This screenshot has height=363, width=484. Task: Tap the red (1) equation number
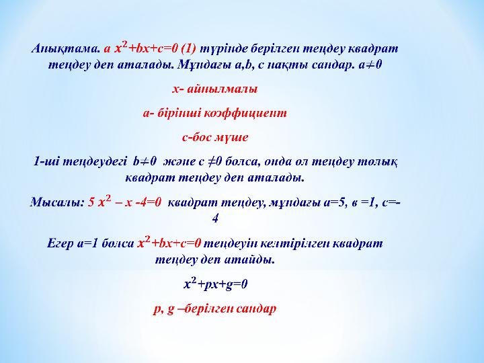(x=189, y=49)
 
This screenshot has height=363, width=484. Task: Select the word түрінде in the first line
(x=223, y=49)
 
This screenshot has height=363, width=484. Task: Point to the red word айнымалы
(x=223, y=89)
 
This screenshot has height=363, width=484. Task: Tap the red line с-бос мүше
(x=215, y=137)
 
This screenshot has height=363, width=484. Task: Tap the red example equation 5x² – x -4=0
(x=125, y=202)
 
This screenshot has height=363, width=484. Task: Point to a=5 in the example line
(x=333, y=202)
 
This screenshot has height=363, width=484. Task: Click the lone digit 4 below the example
(x=215, y=218)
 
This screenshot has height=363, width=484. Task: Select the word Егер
(x=61, y=244)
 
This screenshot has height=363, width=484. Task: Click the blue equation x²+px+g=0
(x=216, y=284)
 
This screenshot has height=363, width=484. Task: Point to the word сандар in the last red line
(x=256, y=309)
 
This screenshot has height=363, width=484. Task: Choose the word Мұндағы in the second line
(x=204, y=65)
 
